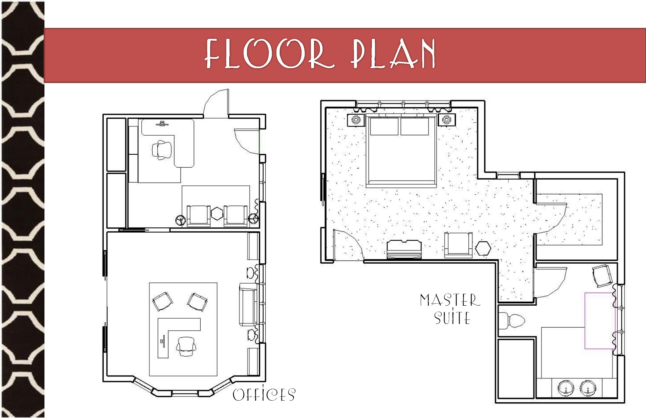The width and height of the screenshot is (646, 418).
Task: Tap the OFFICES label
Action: (264, 395)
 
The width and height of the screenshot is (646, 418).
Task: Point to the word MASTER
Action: (450, 300)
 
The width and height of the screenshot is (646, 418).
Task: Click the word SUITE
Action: (452, 317)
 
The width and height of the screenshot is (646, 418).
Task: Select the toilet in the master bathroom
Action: (512, 320)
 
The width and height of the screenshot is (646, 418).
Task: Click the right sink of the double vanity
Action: (588, 389)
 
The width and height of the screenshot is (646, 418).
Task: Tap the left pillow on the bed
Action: (384, 126)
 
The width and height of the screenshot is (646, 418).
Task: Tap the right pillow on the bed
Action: (415, 126)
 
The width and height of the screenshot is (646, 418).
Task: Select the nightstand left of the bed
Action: (356, 120)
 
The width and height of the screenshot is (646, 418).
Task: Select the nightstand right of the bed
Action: (447, 120)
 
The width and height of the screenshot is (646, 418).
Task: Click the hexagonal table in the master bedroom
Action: (483, 248)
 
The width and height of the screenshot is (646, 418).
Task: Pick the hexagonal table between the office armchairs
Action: (217, 214)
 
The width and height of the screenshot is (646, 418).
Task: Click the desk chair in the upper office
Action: (162, 150)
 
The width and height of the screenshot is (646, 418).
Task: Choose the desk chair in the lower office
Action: (186, 347)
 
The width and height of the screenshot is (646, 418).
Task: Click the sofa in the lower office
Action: (248, 305)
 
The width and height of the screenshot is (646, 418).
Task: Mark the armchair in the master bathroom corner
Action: (602, 276)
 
